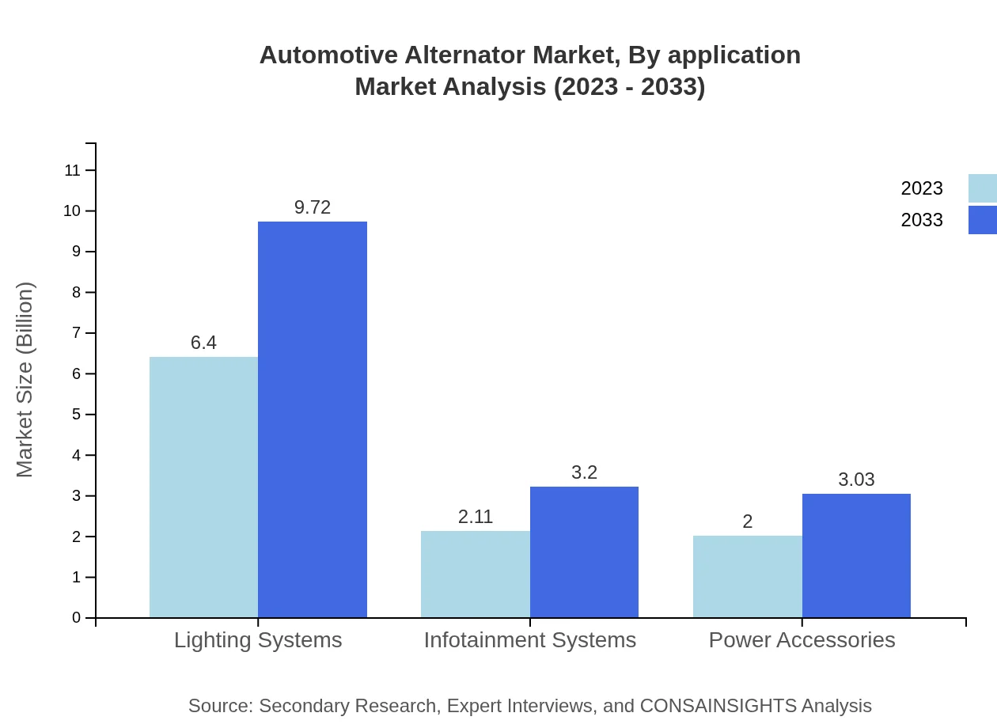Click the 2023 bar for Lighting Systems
203,487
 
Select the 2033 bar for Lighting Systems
313,419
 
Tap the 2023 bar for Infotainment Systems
475,574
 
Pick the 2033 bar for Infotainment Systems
584,552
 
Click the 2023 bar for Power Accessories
747,576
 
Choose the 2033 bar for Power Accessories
856,555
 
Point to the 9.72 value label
313,207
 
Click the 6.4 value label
203,343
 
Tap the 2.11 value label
476,517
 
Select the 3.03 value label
856,480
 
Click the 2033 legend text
922,220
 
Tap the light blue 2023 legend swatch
982,188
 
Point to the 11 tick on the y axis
72,170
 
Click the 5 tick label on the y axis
77,415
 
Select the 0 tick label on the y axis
77,618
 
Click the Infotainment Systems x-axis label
529,640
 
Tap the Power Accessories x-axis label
802,640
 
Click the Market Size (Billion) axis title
25,380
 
